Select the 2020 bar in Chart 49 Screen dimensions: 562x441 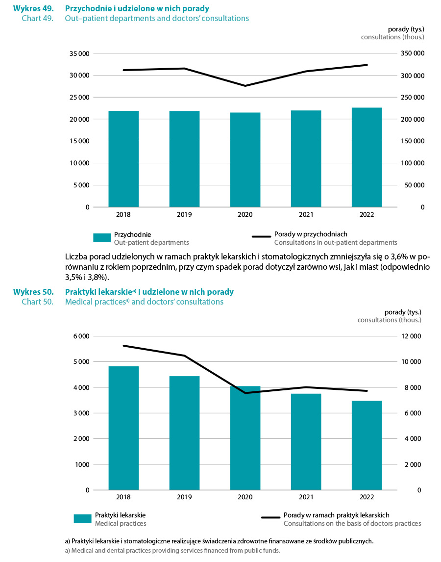[245, 159]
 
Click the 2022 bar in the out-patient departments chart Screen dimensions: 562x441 [367, 157]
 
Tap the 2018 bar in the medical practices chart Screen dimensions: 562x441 [123, 428]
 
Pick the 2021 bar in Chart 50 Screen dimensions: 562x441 [306, 441]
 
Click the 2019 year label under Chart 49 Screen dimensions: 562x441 [184, 214]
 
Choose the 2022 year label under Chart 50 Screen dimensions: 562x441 [367, 497]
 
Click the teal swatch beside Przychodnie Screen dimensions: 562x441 [102, 238]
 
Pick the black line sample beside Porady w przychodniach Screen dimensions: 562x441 [261, 237]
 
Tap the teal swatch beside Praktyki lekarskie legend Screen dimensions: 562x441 [83, 519]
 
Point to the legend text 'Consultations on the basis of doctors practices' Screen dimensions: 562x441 [352, 523]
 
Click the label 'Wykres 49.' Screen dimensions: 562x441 [33, 8]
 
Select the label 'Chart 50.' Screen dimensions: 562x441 [37, 302]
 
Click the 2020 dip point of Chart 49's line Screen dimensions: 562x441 [245, 86]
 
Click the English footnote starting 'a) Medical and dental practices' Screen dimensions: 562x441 [172, 550]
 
